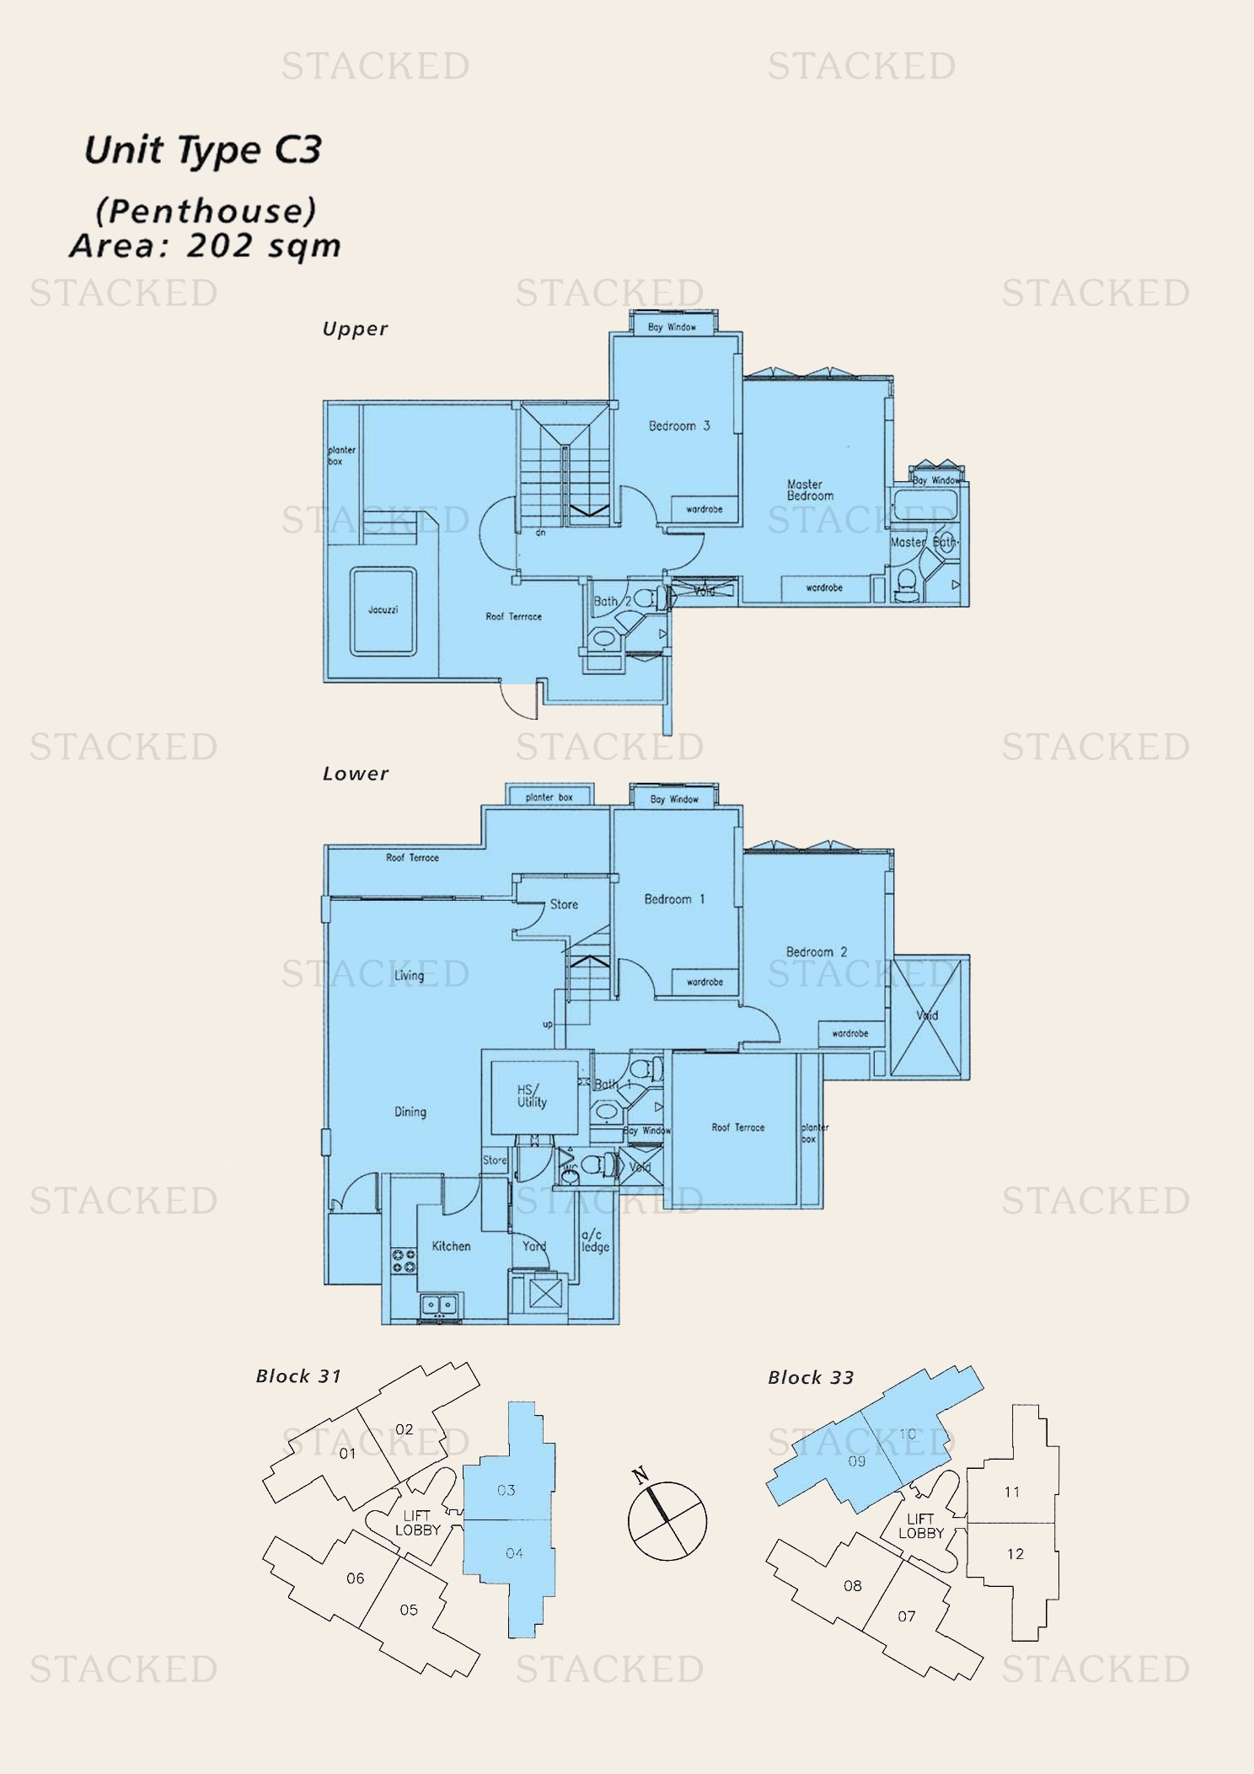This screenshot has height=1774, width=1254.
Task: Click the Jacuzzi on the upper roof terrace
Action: point(383,610)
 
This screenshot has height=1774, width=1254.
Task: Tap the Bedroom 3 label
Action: point(679,426)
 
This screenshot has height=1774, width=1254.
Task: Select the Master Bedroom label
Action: point(810,490)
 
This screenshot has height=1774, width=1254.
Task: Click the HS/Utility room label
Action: point(532,1096)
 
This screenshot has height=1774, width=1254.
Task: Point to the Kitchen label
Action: point(451,1246)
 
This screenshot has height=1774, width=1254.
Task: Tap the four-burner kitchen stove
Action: point(404,1261)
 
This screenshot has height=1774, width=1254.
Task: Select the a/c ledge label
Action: point(595,1241)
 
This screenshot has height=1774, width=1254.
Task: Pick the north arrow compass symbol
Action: point(667,1521)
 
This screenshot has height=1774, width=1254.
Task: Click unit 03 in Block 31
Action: point(506,1490)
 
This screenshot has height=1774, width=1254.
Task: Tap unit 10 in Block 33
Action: point(907,1434)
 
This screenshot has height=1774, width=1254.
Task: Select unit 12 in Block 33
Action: point(1015,1553)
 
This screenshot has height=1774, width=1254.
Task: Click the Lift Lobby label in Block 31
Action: point(417,1522)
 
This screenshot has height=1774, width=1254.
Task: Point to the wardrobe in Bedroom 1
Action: point(705,982)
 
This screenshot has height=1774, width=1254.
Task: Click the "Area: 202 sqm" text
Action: point(206,246)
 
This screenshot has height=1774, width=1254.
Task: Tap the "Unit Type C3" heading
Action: point(203,150)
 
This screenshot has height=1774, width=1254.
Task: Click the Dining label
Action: point(410,1112)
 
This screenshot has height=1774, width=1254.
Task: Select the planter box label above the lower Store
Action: point(549,796)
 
